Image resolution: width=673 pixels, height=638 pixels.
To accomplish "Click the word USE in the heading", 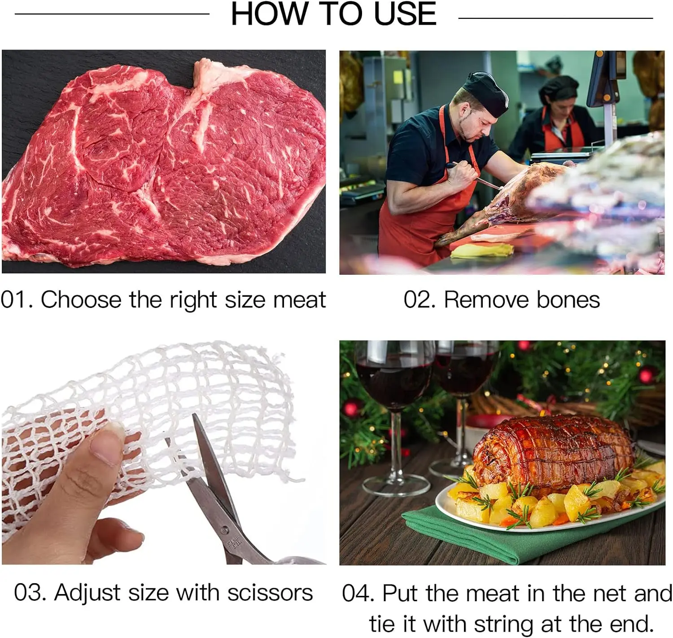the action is click(405, 14).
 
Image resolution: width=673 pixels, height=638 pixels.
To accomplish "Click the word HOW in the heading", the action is click(270, 14).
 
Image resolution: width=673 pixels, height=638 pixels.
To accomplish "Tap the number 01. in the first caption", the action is click(17, 300).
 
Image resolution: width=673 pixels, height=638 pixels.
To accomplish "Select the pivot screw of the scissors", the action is click(224, 531).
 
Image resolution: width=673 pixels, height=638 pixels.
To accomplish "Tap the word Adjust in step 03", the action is click(87, 594).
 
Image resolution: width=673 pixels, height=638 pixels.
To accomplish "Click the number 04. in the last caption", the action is click(358, 594).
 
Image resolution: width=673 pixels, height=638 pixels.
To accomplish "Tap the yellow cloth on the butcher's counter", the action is click(481, 251).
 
